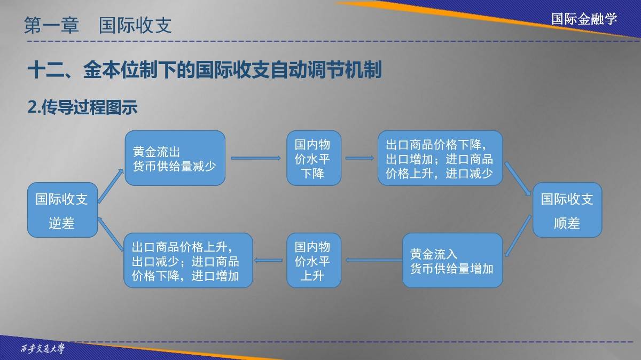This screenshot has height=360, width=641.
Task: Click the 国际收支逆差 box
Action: tap(62, 210)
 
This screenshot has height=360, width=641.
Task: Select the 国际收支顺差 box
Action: tap(567, 210)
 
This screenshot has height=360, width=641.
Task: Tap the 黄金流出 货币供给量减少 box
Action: tap(175, 158)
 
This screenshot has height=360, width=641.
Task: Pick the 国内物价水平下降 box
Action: tap(314, 158)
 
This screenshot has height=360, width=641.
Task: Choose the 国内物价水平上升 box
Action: tap(314, 260)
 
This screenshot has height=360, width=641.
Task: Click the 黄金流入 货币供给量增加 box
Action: tap(452, 260)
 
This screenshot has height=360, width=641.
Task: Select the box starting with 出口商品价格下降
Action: tap(440, 158)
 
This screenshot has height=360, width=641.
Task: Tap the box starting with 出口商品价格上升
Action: tap(188, 260)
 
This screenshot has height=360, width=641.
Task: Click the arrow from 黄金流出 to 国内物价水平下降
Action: tap(256, 158)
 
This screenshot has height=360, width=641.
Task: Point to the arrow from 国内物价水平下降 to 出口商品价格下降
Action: tap(359, 158)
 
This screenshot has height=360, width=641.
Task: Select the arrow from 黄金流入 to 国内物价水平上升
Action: tap(374, 260)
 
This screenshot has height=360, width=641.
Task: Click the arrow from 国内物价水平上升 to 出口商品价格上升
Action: tap(268, 260)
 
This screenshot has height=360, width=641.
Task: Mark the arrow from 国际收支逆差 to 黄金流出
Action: tap(111, 186)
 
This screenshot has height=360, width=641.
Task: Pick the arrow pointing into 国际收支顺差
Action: tap(518, 179)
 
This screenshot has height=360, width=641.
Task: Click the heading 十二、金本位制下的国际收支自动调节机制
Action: tap(205, 69)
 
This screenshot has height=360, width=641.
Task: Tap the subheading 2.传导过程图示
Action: tap(82, 107)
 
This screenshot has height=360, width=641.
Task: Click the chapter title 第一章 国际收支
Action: tap(98, 25)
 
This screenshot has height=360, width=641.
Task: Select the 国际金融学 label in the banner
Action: tap(584, 19)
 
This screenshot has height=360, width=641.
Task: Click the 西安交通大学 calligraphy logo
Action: tap(43, 348)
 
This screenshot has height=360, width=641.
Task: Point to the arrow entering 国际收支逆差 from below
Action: tap(111, 234)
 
